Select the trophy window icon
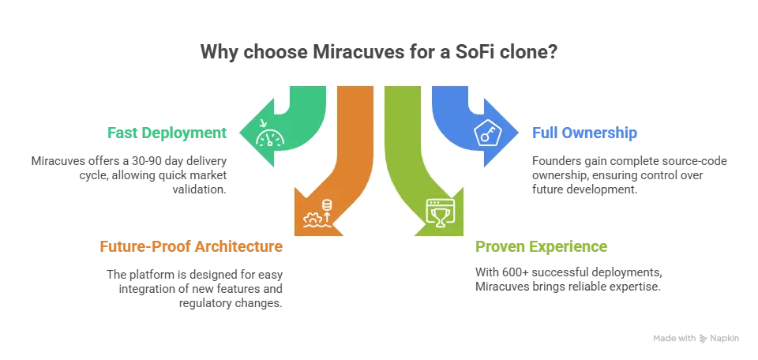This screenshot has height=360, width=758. [437, 212]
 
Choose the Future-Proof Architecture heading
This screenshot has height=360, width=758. [189, 246]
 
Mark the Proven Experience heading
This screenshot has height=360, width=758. [542, 246]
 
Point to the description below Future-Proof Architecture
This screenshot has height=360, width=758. [193, 288]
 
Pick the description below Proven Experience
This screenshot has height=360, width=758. [568, 278]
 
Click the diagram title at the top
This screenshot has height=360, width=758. [379, 54]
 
